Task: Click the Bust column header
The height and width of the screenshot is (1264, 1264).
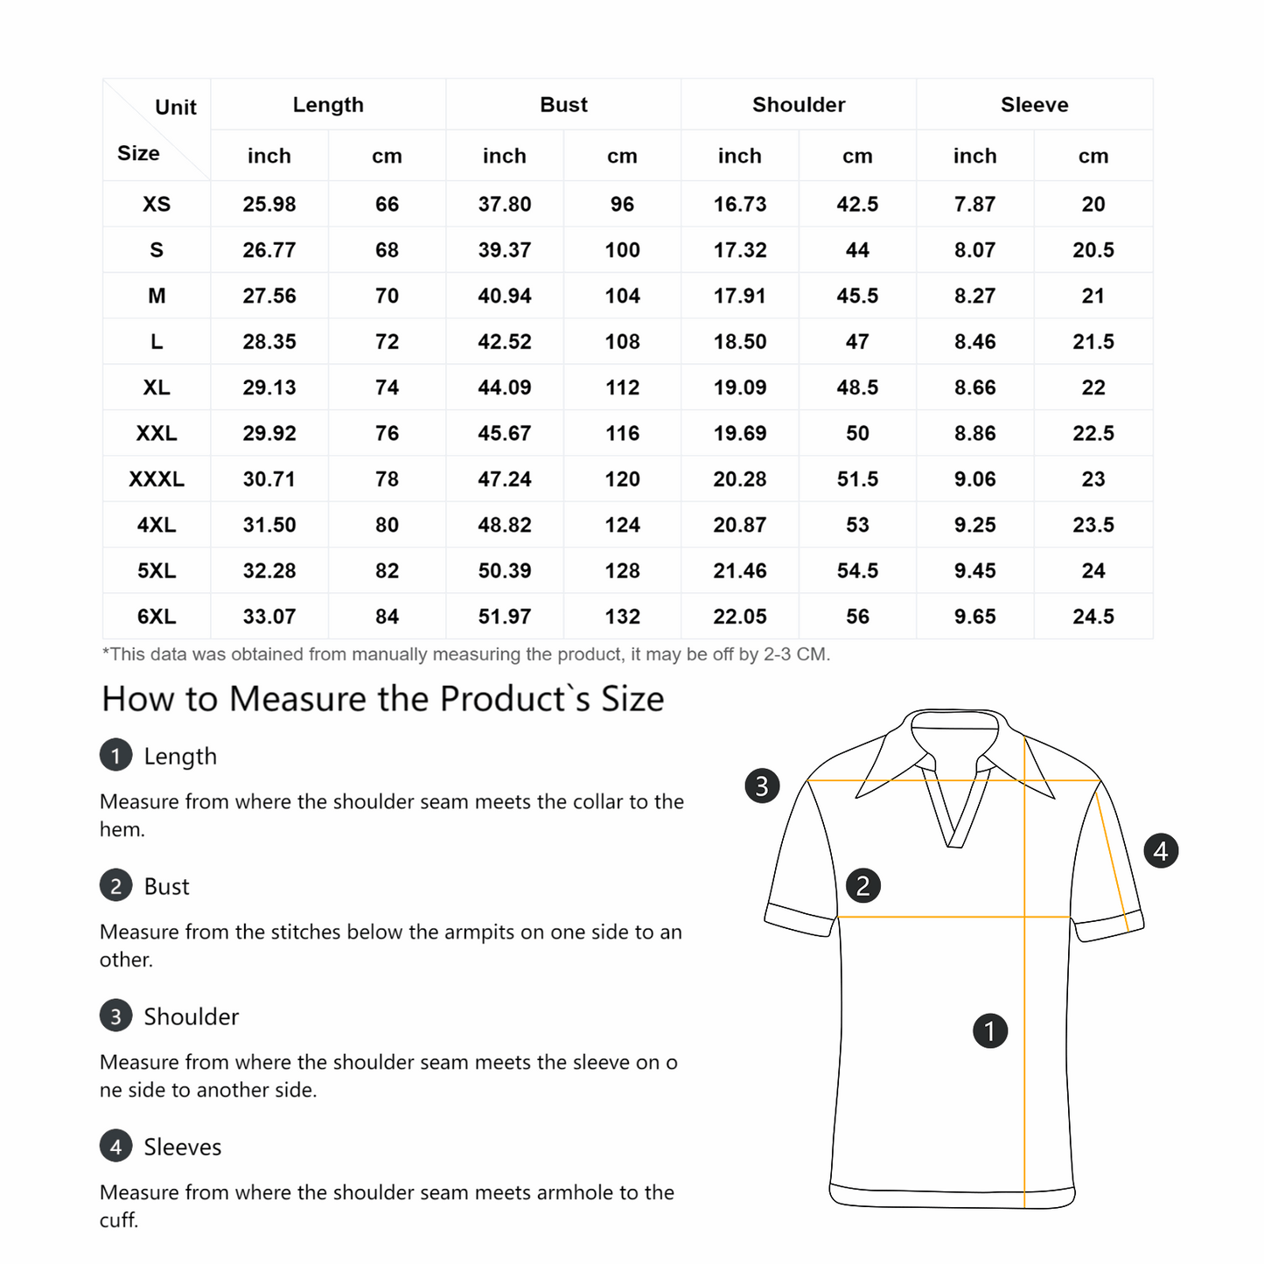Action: pyautogui.click(x=563, y=105)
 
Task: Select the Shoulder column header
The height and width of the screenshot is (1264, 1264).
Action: pyautogui.click(x=799, y=105)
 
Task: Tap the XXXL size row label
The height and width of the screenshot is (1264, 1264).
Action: pyautogui.click(x=157, y=479)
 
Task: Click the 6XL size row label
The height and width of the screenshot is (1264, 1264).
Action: pyautogui.click(x=157, y=617)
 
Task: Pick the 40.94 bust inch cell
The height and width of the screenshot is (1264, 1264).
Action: pyautogui.click(x=505, y=297)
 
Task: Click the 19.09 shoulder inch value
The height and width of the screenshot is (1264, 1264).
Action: pyautogui.click(x=740, y=388)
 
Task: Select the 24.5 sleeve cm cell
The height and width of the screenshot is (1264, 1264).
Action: pyautogui.click(x=1093, y=617)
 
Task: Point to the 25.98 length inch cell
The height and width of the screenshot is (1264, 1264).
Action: pyautogui.click(x=269, y=205)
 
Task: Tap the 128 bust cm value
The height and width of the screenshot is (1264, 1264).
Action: pyautogui.click(x=622, y=571)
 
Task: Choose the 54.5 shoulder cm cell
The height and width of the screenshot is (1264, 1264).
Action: pyautogui.click(x=857, y=571)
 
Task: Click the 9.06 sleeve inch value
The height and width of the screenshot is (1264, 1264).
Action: pyautogui.click(x=975, y=479)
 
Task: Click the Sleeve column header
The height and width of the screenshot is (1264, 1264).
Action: pyautogui.click(x=1034, y=105)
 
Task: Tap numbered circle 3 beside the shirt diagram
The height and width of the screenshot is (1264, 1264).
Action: pyautogui.click(x=762, y=786)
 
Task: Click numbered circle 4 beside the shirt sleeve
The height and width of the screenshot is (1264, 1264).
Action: pyautogui.click(x=1161, y=850)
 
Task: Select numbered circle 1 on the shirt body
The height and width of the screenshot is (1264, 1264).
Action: pyautogui.click(x=990, y=1030)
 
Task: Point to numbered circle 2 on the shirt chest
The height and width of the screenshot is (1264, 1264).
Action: pyautogui.click(x=863, y=886)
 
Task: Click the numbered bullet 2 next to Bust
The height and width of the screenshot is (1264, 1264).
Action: pyautogui.click(x=116, y=886)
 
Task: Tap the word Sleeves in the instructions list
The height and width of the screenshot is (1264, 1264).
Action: pyautogui.click(x=183, y=1147)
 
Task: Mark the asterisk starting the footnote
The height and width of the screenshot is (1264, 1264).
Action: pyautogui.click(x=106, y=653)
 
